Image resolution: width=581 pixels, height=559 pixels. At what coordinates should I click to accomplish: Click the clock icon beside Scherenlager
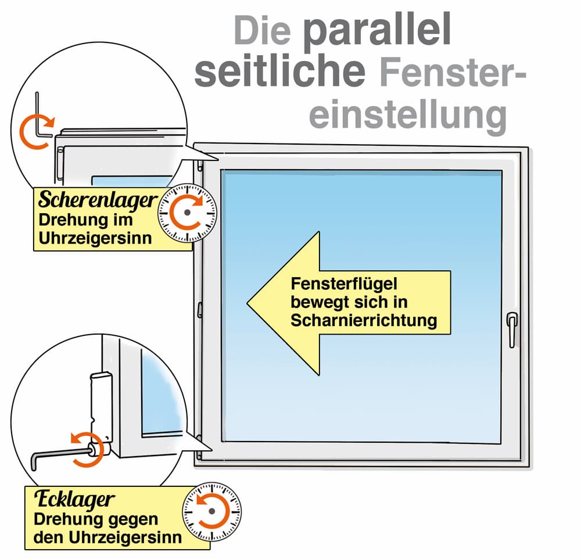(x=187, y=213)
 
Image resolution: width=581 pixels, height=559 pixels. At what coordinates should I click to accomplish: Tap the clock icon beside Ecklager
(x=211, y=511)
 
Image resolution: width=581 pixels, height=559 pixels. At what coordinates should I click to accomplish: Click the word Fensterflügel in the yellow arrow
(x=344, y=284)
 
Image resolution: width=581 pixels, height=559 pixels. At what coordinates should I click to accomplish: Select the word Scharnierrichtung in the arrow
(x=364, y=320)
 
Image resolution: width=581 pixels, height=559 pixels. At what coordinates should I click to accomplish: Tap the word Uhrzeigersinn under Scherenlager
(x=95, y=238)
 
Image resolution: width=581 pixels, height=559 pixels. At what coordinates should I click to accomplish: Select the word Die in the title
(x=262, y=30)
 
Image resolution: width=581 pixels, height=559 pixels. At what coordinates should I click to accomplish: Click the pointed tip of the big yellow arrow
(x=248, y=303)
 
